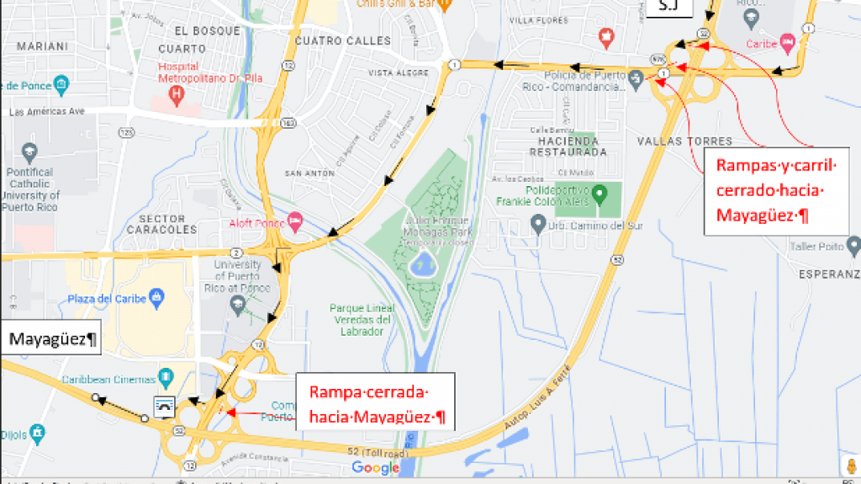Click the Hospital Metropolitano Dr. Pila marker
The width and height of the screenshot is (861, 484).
[177, 93]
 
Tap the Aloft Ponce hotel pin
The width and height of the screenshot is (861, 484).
[295, 222]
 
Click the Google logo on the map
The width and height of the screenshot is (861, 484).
[375, 467]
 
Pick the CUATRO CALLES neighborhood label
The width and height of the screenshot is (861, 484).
[343, 40]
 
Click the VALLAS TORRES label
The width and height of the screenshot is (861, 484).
[684, 141]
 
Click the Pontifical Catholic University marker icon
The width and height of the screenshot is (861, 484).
[30, 153]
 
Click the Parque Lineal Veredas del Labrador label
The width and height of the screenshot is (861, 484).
[362, 319]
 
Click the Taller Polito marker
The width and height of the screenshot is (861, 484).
[853, 247]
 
